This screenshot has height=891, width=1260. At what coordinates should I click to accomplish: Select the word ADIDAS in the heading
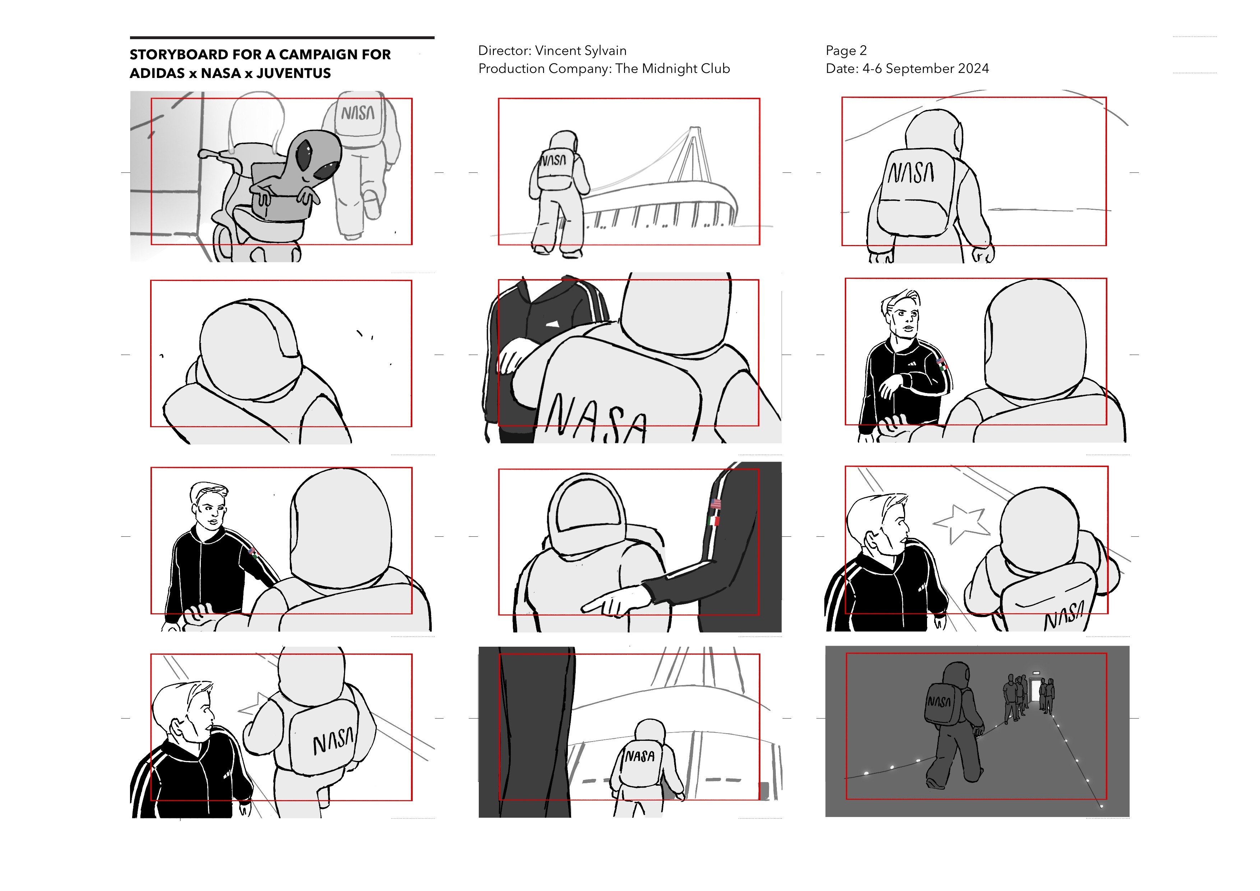(157, 73)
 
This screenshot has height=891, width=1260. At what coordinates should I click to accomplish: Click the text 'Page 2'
(846, 51)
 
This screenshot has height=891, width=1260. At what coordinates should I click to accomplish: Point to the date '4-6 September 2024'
(926, 69)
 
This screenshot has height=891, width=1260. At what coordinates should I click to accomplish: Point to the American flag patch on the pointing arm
(715, 503)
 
